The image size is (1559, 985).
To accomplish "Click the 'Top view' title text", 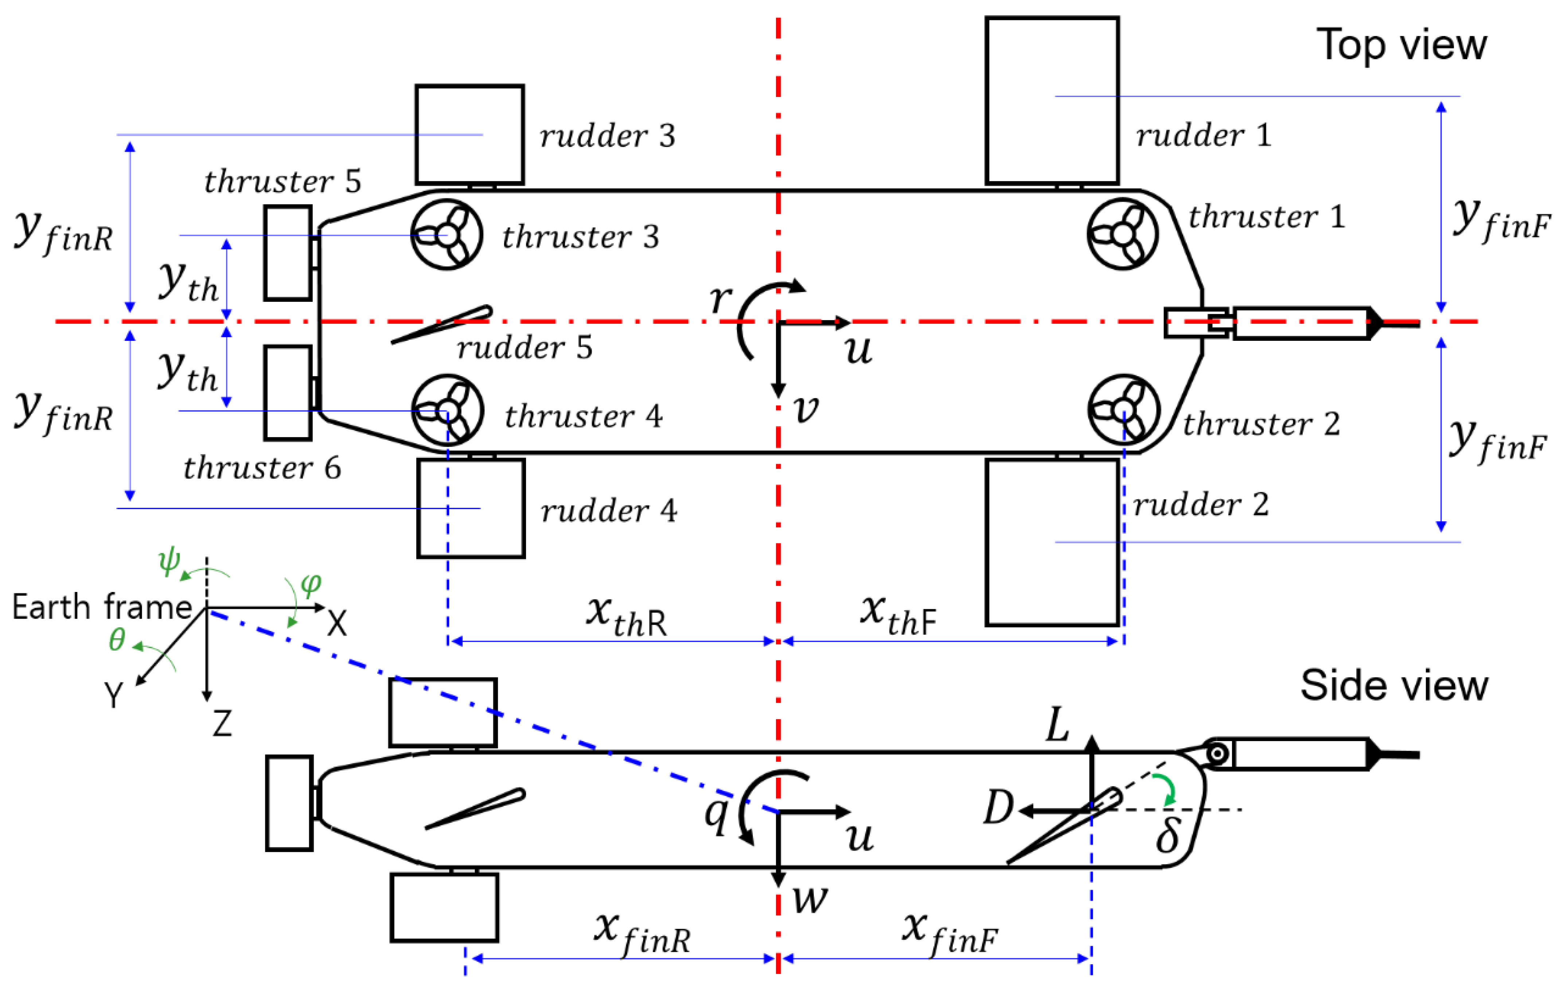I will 1401,45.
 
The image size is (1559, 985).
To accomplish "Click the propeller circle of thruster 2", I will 1123,410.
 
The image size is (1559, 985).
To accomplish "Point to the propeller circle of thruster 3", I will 447,234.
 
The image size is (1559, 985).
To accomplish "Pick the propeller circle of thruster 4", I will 447,410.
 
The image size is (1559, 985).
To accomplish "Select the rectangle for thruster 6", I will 288,393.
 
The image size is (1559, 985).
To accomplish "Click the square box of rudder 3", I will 469,135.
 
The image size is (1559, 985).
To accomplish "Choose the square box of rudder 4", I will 471,509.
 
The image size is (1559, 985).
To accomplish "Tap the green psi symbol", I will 169,560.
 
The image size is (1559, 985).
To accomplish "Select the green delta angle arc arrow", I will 1167,789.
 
